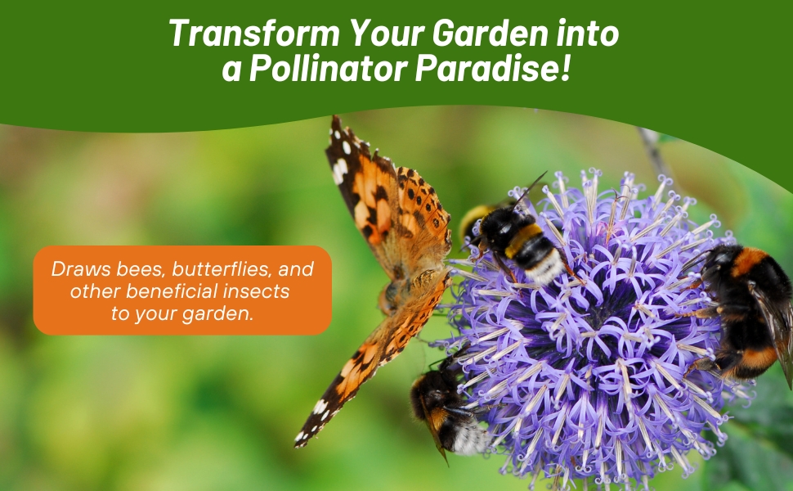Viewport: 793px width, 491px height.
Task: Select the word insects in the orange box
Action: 262,291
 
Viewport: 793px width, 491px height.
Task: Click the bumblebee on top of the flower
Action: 515,241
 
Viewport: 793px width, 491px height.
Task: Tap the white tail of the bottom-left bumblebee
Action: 473,438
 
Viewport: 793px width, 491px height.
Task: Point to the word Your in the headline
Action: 383,34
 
